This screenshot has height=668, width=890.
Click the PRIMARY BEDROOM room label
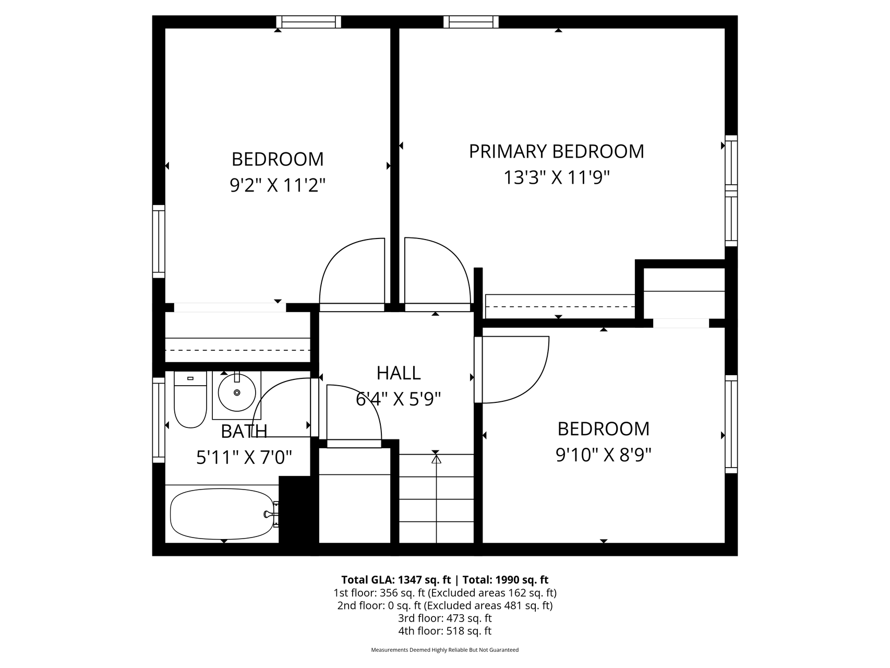[556, 151]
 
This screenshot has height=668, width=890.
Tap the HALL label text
[399, 373]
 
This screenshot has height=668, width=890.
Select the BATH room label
[244, 432]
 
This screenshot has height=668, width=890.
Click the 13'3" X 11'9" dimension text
[557, 178]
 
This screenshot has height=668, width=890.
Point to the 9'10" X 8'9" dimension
[604, 456]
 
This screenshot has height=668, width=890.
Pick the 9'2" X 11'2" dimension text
[278, 185]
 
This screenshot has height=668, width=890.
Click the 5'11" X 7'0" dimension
[244, 458]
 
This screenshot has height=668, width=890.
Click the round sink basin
[237, 392]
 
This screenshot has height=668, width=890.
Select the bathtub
[223, 514]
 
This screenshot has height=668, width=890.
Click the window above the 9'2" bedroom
[308, 22]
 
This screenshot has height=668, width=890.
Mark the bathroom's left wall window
[159, 420]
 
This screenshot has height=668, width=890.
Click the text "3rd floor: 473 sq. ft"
[445, 618]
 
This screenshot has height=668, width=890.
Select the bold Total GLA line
[445, 580]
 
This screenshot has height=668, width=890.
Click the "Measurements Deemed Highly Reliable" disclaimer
[445, 650]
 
